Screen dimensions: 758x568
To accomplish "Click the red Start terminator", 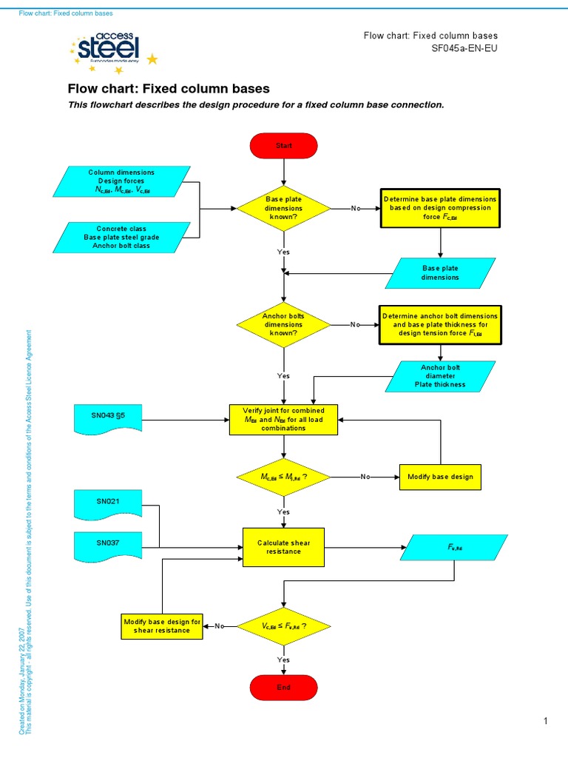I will [x=284, y=146].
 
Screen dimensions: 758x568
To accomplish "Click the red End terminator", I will [x=284, y=687].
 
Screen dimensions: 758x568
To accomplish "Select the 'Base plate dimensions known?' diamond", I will [x=284, y=209].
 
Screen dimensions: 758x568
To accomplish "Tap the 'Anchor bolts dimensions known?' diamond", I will [x=284, y=324].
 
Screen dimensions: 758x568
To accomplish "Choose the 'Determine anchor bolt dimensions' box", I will [x=440, y=324].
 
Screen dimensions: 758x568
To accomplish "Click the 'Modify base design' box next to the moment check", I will [x=440, y=477].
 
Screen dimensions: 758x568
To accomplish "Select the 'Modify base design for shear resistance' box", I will [x=162, y=626].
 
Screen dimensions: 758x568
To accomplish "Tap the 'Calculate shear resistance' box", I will [x=284, y=547].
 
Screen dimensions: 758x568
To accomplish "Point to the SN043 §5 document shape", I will [x=108, y=418].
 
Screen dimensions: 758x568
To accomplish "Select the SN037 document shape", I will [x=107, y=545].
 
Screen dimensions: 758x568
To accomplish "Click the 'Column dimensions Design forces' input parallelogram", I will [x=122, y=181].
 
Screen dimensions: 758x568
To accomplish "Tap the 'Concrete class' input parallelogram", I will [x=122, y=238].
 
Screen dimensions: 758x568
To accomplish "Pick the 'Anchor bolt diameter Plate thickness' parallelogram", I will [x=440, y=376].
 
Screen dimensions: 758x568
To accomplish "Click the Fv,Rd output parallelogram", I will [x=453, y=548].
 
